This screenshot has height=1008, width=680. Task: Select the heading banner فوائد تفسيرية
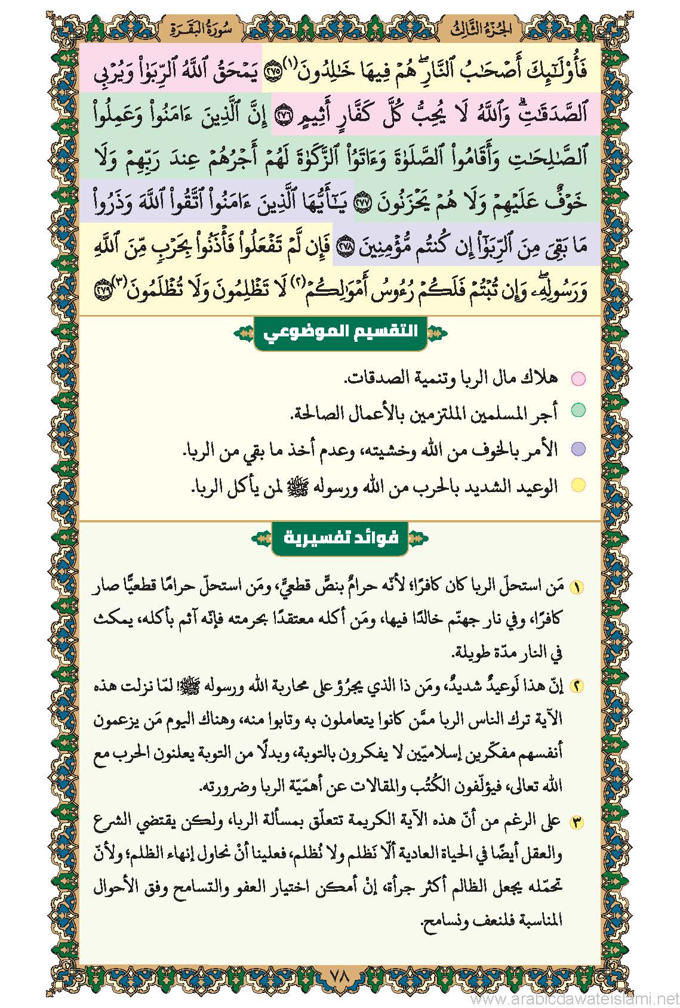tap(340, 538)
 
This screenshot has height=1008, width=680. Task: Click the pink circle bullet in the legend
tap(578, 378)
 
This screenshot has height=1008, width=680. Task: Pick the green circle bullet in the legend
tap(578, 410)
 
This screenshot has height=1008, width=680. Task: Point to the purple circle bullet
tap(578, 449)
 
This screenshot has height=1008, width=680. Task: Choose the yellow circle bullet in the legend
tap(578, 486)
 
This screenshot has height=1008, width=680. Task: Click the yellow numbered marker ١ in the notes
tap(577, 587)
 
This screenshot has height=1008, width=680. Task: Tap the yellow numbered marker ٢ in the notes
tap(577, 686)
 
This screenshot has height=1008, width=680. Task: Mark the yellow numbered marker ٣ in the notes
tap(577, 823)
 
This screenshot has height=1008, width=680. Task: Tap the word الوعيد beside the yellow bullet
tap(533, 486)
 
